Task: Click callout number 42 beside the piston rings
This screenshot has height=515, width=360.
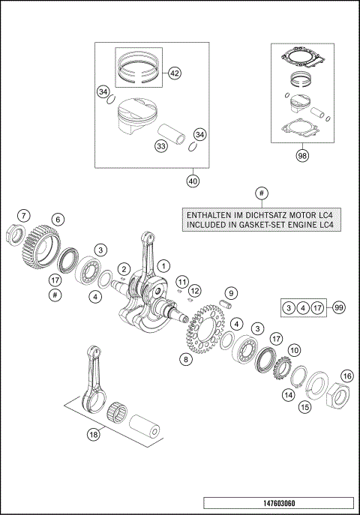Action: (174, 73)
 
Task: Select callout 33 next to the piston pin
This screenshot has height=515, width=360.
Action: (160, 146)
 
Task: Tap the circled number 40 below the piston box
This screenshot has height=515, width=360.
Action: (193, 181)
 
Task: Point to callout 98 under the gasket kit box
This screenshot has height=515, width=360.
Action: (302, 156)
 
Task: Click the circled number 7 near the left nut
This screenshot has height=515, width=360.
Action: (25, 216)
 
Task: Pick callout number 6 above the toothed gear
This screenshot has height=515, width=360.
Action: (56, 220)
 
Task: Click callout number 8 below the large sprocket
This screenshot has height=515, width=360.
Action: (184, 359)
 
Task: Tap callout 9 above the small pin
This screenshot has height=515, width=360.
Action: (232, 292)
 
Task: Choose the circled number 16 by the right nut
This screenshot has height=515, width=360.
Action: (346, 376)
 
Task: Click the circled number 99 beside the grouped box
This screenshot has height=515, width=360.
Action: (339, 307)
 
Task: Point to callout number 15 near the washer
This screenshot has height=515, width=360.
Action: (305, 407)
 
